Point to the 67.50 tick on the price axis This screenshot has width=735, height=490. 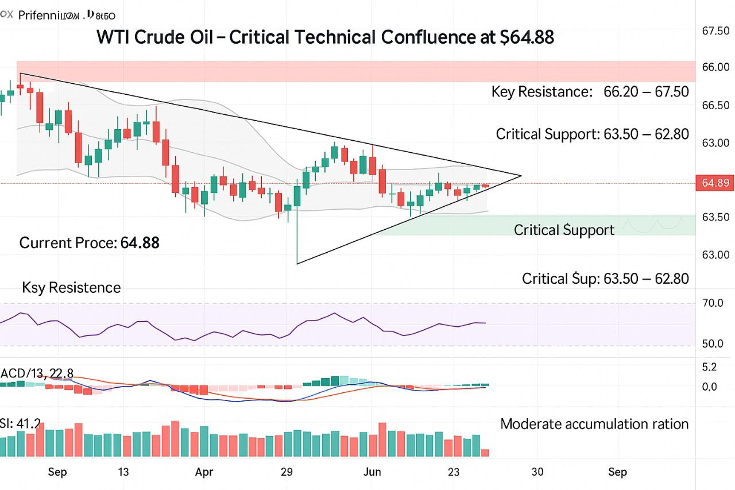point(715,30)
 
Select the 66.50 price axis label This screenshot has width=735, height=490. point(715,106)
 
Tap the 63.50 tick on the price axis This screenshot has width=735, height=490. point(715,217)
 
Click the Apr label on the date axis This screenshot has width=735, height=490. point(204,472)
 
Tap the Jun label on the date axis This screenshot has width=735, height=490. point(373,472)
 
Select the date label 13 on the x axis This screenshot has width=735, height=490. point(123,472)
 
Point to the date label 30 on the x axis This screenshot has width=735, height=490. point(537,472)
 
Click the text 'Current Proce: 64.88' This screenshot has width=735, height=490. point(90,243)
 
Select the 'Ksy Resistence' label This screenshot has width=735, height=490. point(71,288)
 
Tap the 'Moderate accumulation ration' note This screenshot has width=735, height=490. point(594,425)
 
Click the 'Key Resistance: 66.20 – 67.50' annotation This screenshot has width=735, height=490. point(590,91)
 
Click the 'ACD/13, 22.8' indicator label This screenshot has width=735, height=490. point(37,373)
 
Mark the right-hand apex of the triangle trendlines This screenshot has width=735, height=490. point(521,176)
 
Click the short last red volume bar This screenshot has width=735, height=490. point(485,453)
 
